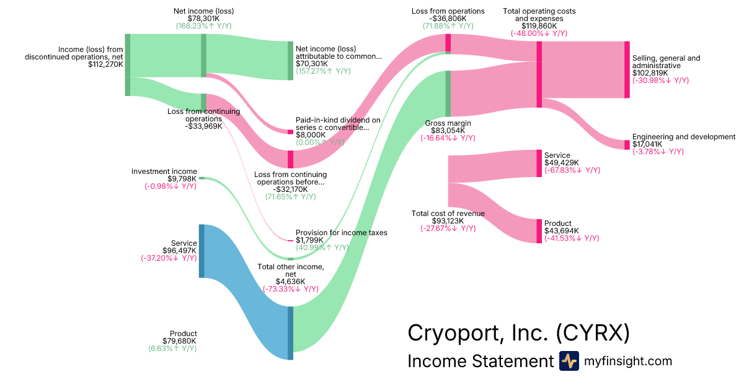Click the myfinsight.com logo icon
(569, 361)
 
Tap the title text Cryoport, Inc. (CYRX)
(518, 333)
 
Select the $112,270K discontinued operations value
(105, 64)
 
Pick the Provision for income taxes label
(341, 233)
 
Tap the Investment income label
(164, 171)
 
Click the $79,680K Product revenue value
(179, 341)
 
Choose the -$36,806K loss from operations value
(448, 19)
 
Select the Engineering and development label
(683, 137)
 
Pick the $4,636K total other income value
(290, 281)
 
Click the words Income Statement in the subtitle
(479, 362)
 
